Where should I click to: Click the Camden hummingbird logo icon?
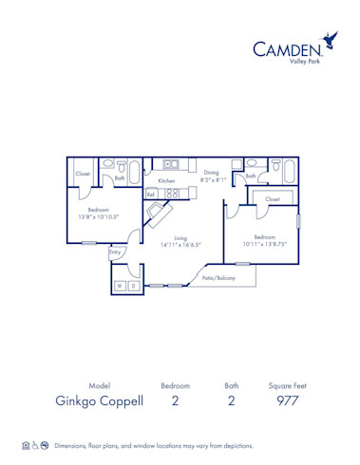pos(331,41)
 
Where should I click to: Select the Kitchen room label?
pos(166,180)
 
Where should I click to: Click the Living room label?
pos(180,238)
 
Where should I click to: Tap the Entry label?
pos(115,251)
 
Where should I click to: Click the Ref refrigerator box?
pos(150,194)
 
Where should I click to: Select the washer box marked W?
pos(120,285)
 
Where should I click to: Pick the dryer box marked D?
pos(133,285)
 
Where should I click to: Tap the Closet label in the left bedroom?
pos(83,174)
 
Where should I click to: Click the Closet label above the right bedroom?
pos(273,199)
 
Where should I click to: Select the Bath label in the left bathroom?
pos(121,177)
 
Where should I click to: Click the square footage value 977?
pos(287,400)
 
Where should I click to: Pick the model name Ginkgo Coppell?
pos(100,400)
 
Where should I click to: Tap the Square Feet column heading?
pos(287,385)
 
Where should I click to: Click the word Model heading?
pos(100,385)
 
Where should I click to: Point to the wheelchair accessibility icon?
pos(35,444)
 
